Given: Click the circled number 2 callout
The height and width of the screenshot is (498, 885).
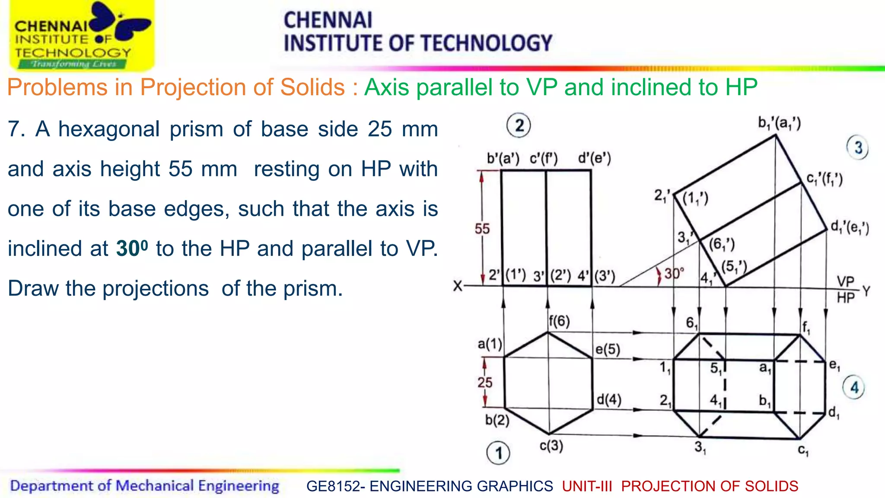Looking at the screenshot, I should (519, 126).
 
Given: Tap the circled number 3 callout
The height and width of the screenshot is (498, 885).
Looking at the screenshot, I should (858, 148).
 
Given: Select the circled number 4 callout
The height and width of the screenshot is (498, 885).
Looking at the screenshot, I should (854, 388).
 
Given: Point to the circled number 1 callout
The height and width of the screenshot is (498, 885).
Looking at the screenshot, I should (498, 453).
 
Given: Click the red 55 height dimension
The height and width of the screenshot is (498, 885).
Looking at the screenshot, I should (482, 229).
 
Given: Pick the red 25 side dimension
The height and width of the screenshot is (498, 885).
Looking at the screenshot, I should (485, 383).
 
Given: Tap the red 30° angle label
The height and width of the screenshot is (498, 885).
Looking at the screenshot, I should (674, 274).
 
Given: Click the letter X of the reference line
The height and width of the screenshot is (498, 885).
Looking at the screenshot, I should (458, 286).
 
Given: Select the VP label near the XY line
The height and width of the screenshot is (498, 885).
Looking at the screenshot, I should (846, 282).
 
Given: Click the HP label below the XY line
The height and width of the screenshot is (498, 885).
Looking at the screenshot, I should (846, 298).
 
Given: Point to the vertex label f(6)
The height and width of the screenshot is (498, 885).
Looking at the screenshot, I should (559, 321).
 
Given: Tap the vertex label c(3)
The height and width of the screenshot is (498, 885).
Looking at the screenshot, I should (551, 446).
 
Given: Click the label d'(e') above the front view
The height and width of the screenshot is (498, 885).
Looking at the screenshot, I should (595, 159).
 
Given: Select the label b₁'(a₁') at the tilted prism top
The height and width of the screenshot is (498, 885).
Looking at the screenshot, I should (780, 124).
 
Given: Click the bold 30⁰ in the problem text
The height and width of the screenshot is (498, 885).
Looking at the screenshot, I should (132, 248).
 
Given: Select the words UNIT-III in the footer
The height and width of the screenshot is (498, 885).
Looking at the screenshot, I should (587, 486).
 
